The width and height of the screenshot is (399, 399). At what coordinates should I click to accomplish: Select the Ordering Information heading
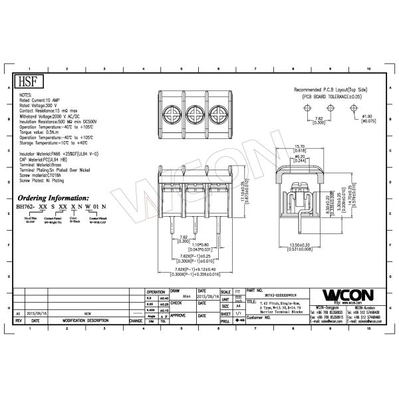tap(54, 198)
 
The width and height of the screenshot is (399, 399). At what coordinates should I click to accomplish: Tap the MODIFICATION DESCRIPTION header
tap(85, 320)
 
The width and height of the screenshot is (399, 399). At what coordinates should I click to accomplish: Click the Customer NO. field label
tap(261, 318)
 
